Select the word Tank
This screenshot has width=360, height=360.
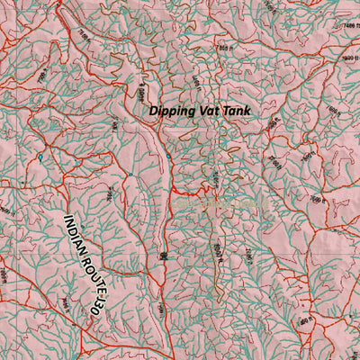coord(241,111)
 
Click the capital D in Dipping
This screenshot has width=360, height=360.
coord(155,111)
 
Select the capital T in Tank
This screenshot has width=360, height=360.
coord(229,111)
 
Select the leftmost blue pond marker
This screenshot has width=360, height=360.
coord(40,159)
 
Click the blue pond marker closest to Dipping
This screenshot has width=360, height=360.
coord(166,158)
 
